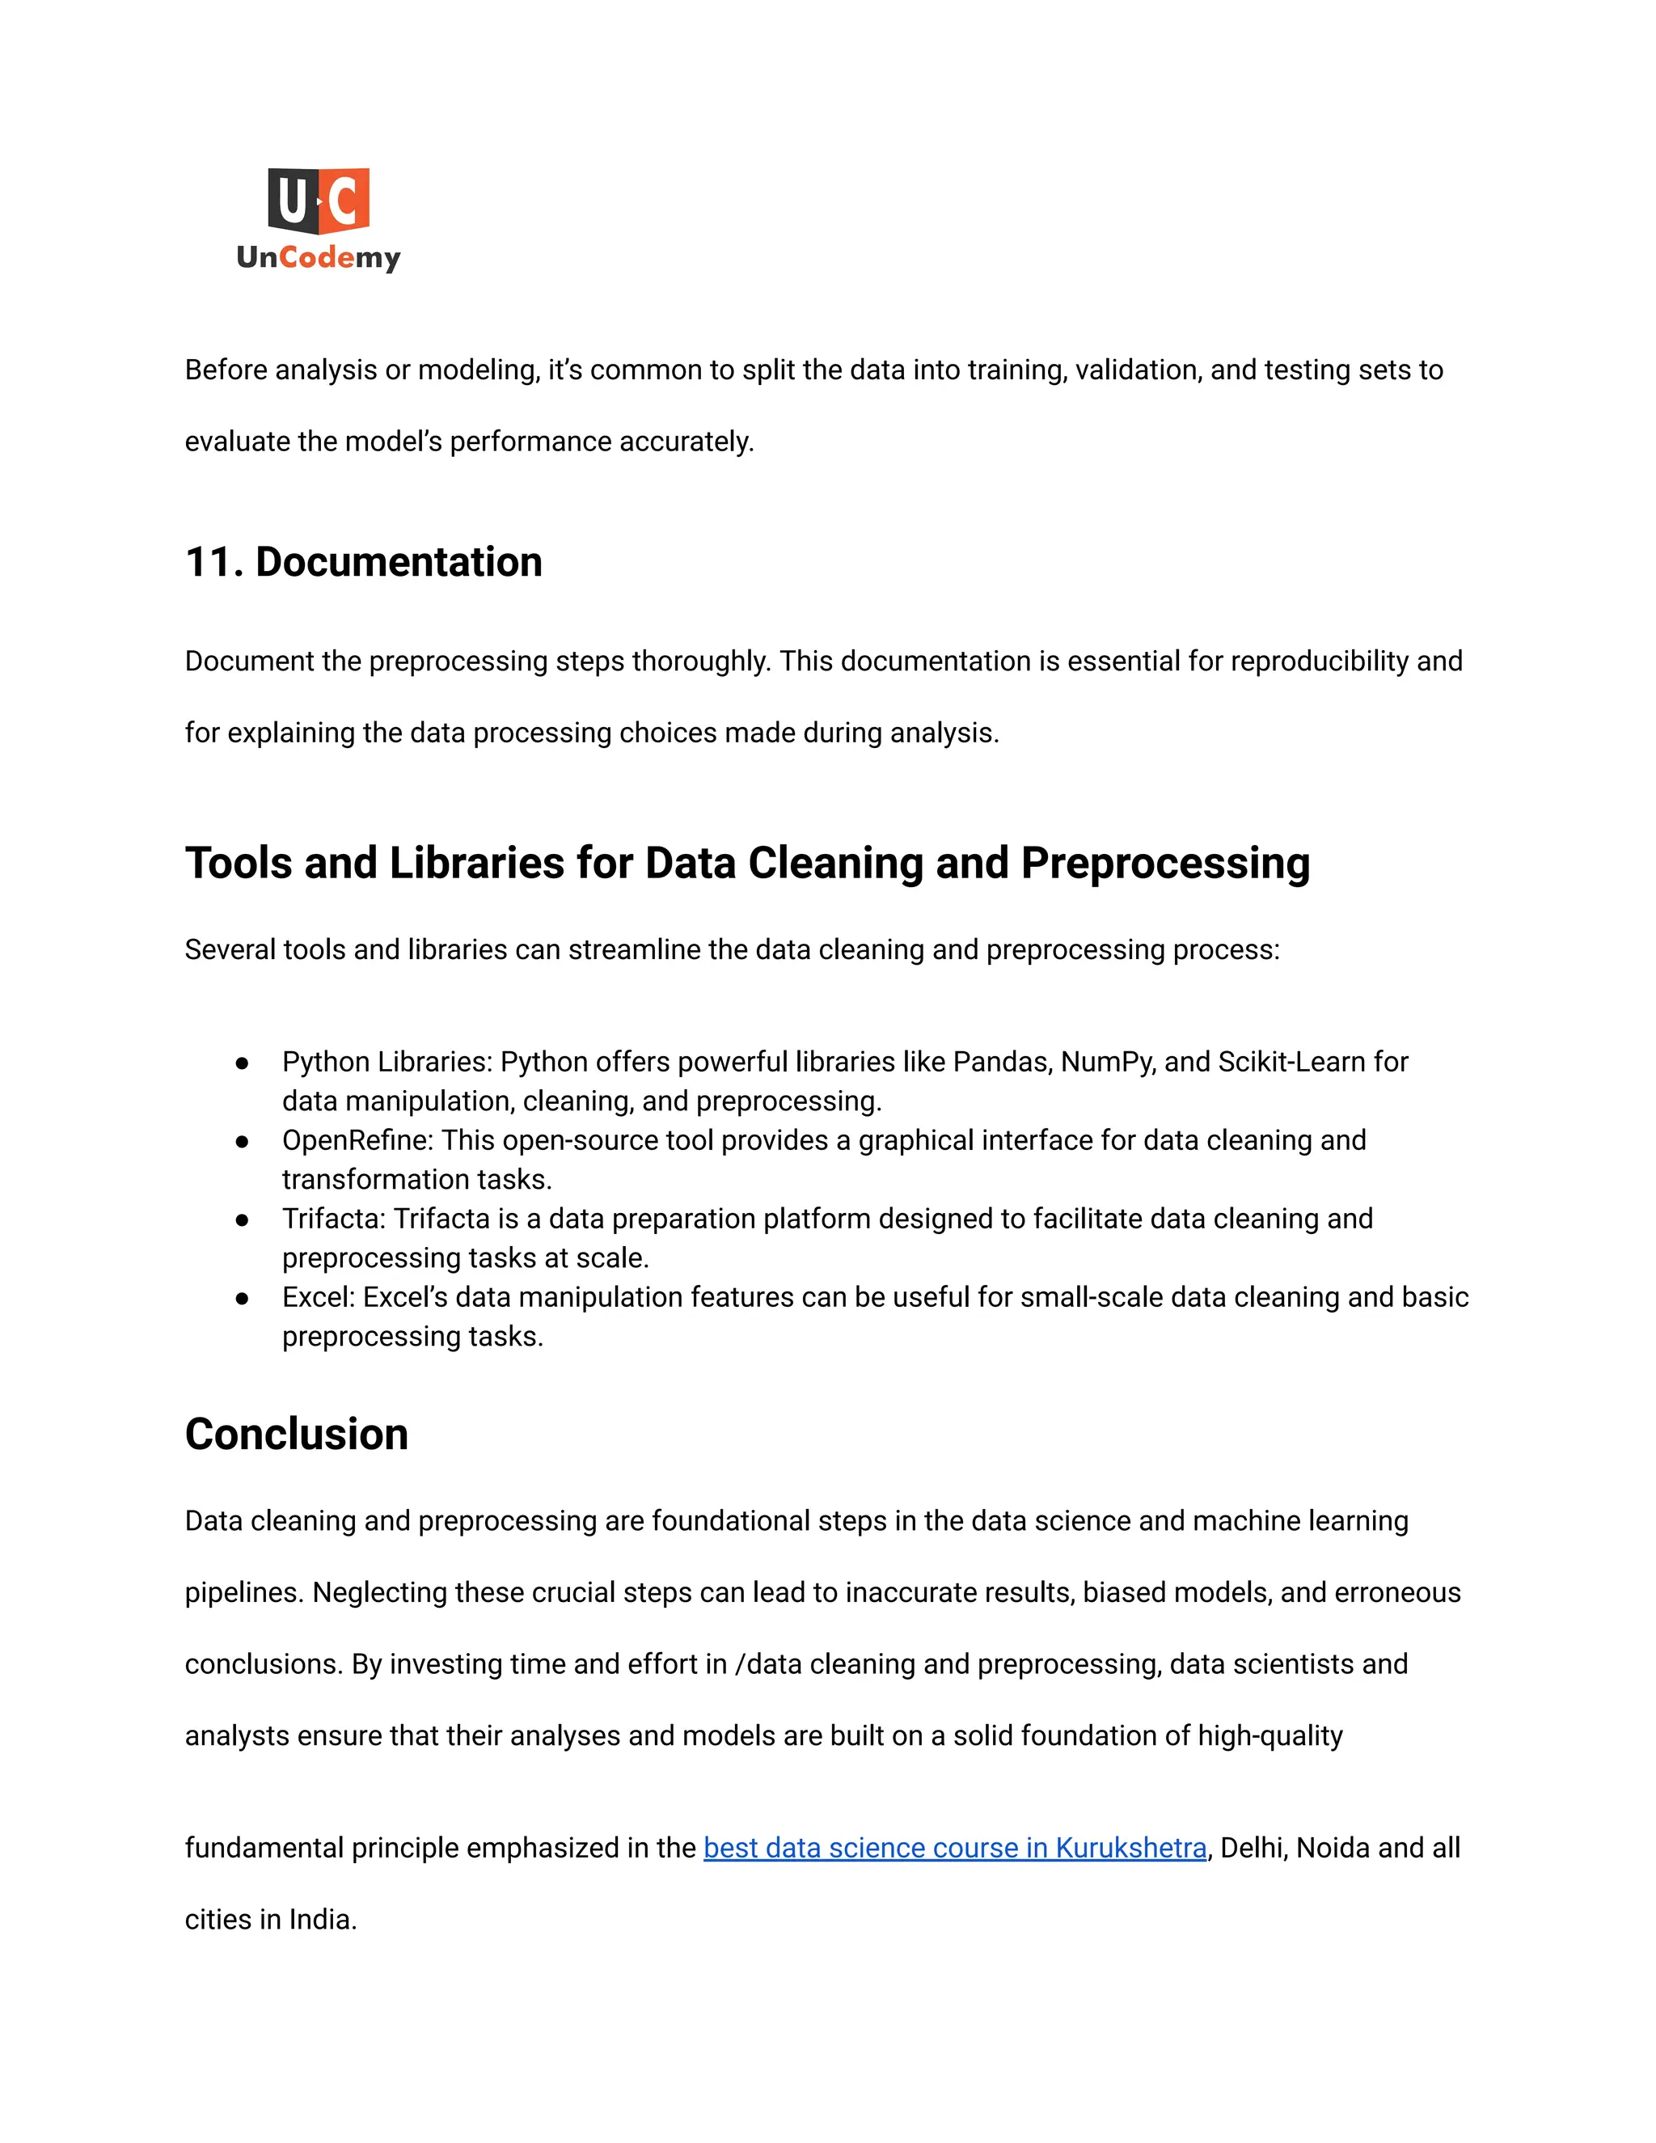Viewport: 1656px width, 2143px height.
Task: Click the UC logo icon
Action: [x=318, y=201]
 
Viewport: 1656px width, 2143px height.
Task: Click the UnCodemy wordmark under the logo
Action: [x=318, y=257]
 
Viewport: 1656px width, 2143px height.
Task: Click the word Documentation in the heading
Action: [x=399, y=562]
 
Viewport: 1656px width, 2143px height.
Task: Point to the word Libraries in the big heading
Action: [x=475, y=864]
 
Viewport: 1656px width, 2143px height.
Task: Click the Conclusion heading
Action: [x=296, y=1435]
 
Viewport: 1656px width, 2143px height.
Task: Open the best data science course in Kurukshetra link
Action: [x=955, y=1848]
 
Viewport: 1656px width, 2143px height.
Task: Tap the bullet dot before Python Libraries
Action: [x=241, y=1063]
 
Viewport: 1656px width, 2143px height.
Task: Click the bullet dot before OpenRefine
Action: [x=241, y=1141]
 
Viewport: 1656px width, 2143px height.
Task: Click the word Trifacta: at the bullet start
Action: [x=334, y=1219]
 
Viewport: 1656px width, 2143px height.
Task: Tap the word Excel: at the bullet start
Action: [x=318, y=1297]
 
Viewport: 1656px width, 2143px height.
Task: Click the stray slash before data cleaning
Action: [x=739, y=1664]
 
